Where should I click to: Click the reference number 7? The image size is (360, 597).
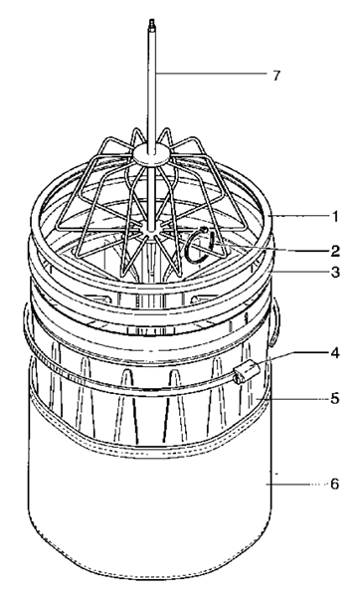pos(264,76)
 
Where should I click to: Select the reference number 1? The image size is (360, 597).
pos(335,216)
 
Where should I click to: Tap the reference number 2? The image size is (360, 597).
pos(335,251)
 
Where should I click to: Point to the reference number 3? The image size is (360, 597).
pos(335,272)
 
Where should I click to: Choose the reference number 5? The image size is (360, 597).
pos(335,398)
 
